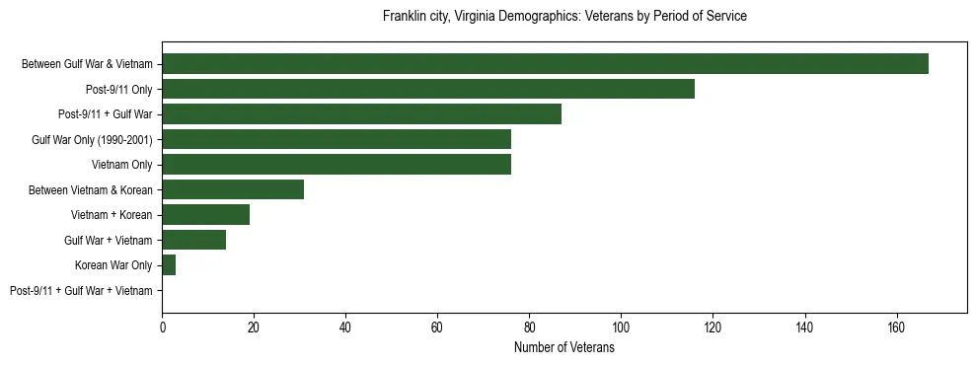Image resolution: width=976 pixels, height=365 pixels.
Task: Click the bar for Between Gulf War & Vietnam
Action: coord(545,63)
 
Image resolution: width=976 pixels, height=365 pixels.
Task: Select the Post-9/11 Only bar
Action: coord(428,89)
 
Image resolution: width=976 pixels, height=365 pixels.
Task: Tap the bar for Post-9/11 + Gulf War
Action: coord(361,113)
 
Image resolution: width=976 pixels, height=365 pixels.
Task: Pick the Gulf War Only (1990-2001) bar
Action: coord(337,139)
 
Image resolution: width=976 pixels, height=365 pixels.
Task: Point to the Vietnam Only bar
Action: coord(337,164)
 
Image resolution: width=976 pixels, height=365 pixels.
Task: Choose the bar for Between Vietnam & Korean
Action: coord(233,189)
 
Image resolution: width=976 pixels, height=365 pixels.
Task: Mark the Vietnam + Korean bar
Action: coord(205,214)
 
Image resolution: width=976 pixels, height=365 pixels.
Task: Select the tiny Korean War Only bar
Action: coord(169,264)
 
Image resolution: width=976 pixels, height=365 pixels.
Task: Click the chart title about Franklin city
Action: coord(564,17)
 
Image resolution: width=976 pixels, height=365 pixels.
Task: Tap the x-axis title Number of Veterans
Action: coord(564,348)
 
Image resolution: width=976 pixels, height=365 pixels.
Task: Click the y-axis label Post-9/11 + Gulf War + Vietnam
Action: coord(81,290)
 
